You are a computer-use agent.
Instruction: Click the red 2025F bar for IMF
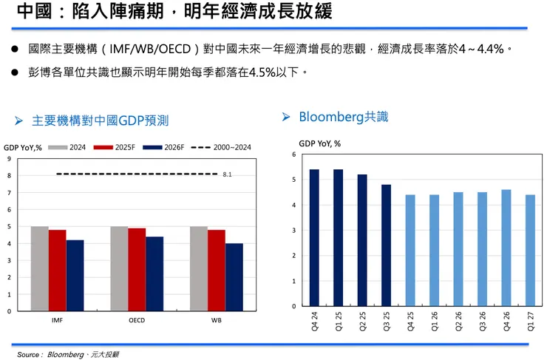pos(57,271)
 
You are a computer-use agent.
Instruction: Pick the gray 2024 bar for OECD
pos(119,268)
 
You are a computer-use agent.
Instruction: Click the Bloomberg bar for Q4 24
pos(314,238)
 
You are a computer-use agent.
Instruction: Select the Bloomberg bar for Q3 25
pos(386,245)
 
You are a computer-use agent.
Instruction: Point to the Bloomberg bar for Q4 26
pos(506,248)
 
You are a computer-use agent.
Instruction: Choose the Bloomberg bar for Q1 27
pos(530,251)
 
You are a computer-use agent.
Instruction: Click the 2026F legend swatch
pos(152,147)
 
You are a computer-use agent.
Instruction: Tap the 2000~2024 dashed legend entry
pos(221,147)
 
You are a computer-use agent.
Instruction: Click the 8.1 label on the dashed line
pos(227,174)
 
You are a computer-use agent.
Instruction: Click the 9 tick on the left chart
pos(9,159)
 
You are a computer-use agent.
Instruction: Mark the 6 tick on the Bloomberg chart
pos(294,154)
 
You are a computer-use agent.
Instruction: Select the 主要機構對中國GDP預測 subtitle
pos(101,120)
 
